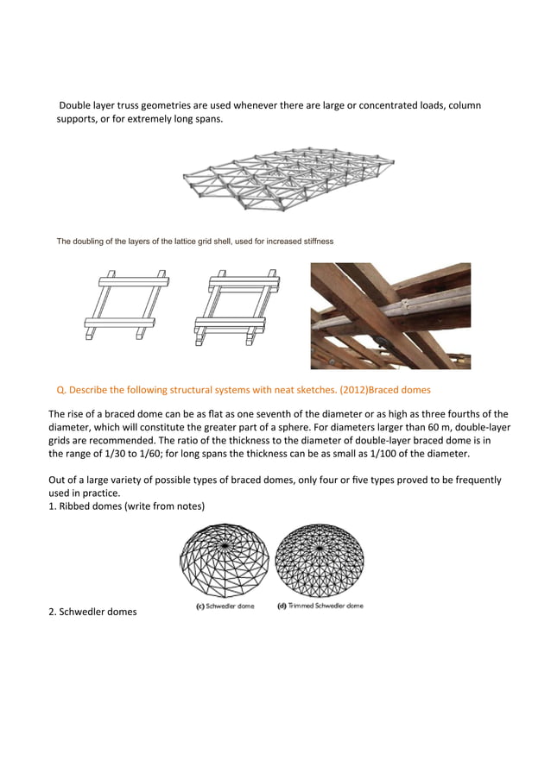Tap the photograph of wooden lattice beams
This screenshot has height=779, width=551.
[390, 315]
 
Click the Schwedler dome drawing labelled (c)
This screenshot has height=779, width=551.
[224, 562]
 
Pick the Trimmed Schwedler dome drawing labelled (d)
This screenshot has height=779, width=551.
[320, 562]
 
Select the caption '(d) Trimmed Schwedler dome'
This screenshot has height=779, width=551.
[320, 606]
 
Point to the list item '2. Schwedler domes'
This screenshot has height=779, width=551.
[92, 613]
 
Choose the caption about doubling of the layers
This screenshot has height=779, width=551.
[194, 240]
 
